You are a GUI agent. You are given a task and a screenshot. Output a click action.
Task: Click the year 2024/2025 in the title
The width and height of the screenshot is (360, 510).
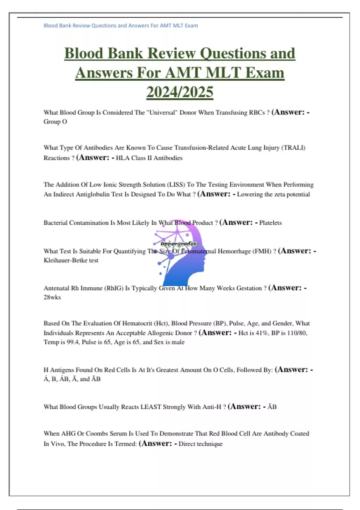[x=180, y=92]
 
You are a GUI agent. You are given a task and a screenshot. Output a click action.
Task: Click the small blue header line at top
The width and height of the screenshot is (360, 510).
[x=121, y=25]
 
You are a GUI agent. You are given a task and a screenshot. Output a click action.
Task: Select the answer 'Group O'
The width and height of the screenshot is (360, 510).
[x=55, y=121]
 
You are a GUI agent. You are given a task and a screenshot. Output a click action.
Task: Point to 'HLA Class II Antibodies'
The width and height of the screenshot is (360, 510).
[x=149, y=158]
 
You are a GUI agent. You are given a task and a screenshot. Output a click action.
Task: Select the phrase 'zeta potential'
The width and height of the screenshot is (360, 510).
[x=292, y=194]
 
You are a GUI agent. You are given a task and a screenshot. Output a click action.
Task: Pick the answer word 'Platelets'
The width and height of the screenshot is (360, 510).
[x=270, y=223]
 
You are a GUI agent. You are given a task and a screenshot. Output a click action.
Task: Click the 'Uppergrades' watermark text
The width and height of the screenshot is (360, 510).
[x=179, y=244]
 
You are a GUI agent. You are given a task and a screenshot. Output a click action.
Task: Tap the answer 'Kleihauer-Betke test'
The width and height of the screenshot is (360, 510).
[x=71, y=260]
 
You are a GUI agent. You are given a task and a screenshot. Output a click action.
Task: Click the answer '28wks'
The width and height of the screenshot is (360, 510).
[x=52, y=297]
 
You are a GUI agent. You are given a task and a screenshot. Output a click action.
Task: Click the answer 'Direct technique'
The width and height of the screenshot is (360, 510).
[x=200, y=444]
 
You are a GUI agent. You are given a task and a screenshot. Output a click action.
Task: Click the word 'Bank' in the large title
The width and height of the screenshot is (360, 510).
[x=125, y=53]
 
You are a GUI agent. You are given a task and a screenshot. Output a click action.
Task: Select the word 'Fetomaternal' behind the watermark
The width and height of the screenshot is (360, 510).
[x=194, y=251]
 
